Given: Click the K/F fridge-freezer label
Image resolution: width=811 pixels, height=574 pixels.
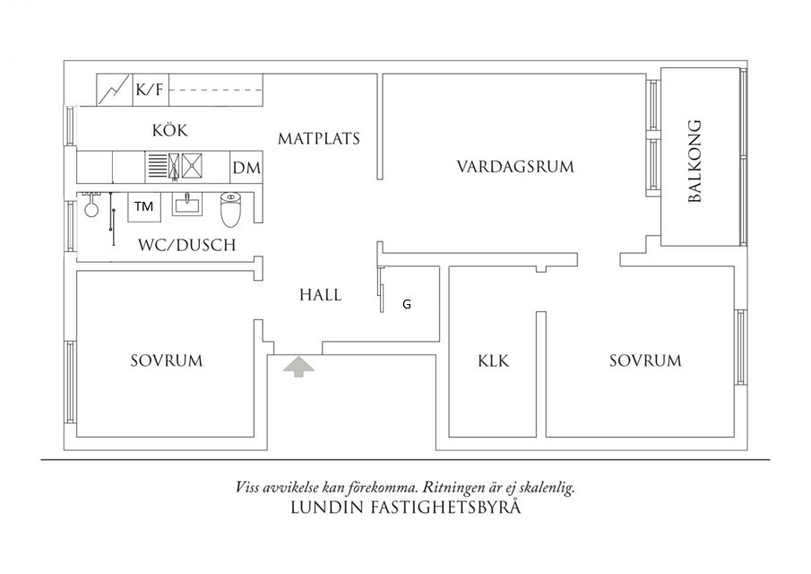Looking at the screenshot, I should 149,90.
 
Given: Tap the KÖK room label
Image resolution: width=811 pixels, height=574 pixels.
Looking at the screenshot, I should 169,130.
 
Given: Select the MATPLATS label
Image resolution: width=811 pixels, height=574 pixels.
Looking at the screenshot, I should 318,139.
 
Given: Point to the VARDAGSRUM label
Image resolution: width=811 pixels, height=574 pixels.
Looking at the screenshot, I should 514,167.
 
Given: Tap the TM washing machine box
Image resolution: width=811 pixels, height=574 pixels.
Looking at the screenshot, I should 143,206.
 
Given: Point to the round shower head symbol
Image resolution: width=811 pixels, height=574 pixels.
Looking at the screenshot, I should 91,211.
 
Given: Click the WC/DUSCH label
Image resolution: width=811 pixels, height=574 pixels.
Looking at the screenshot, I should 186,245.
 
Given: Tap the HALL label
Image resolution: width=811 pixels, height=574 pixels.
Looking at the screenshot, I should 320,294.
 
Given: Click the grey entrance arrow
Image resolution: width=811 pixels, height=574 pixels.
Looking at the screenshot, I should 298,366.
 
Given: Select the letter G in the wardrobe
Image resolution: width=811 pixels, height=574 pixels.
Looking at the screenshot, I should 407,304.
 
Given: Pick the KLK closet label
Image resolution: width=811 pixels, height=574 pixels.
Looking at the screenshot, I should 493,361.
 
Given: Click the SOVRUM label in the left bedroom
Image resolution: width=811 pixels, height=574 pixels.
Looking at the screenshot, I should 167,361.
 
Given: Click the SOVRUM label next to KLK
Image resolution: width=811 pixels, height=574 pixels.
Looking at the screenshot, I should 645,361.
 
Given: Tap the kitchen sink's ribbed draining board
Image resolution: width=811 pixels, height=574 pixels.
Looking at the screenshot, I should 158,166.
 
